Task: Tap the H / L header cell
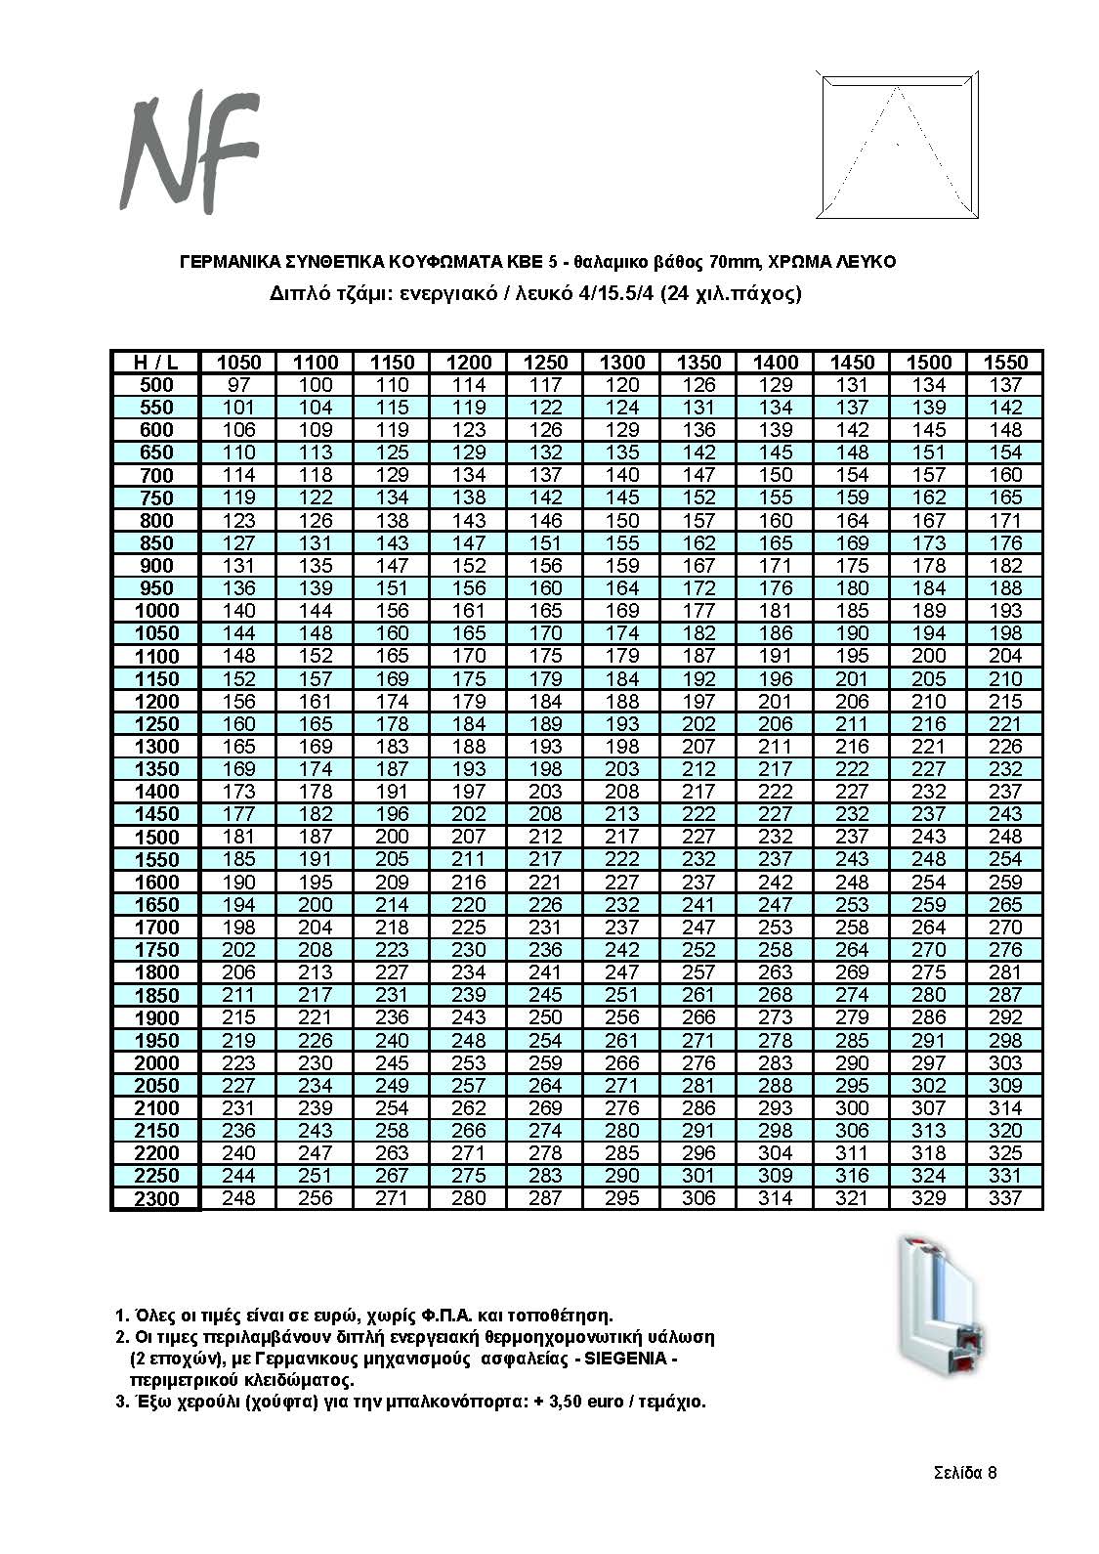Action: point(154,363)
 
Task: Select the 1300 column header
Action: point(621,363)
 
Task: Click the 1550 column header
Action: point(1005,363)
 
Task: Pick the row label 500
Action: point(154,385)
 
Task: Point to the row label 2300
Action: point(154,1199)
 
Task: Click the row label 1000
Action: point(154,611)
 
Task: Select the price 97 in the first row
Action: point(238,385)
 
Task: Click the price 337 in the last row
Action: point(1005,1198)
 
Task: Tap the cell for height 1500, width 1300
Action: point(621,837)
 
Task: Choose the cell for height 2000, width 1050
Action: point(238,1062)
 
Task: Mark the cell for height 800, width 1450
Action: point(852,521)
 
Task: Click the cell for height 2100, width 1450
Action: point(852,1107)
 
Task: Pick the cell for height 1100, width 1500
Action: point(928,656)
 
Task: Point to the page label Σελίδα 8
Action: point(964,1473)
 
